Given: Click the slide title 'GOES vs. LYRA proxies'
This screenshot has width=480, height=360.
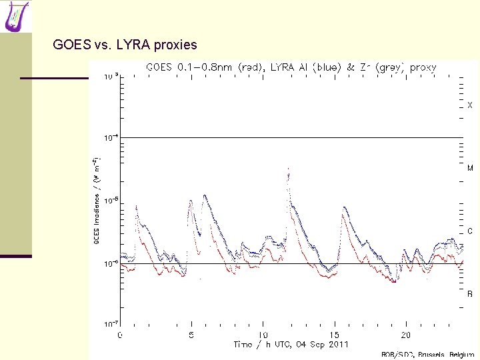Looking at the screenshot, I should tap(125, 45).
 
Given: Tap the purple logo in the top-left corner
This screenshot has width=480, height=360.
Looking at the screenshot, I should tap(17, 16).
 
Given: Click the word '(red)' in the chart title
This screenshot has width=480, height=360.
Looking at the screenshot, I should tap(250, 67).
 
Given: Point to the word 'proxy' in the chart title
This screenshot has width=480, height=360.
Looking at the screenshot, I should tap(423, 67).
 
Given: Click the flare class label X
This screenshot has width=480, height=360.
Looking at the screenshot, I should tap(469, 105).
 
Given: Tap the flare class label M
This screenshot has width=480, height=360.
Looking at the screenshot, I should tap(469, 168).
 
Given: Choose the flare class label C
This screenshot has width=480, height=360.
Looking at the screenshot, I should tap(469, 231).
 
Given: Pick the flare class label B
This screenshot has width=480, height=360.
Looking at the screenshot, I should tap(469, 293).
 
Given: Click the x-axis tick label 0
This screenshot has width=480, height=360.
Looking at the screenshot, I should tap(120, 335).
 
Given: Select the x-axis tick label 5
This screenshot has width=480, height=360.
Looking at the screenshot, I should tap(191, 335).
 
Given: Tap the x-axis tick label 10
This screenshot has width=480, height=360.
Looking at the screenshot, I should tap(263, 335).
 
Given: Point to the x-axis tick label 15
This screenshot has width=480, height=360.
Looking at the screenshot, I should tap(334, 335).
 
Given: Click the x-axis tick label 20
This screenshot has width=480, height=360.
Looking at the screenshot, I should tap(405, 335).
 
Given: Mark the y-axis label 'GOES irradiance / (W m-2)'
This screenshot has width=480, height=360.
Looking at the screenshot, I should tap(97, 200).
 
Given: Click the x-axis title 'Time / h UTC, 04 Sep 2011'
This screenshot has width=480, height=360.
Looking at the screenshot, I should tap(291, 344).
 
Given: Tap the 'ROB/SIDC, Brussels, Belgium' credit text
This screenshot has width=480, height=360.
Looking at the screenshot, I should tap(427, 355).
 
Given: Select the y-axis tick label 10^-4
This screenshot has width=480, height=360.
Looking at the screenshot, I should tap(110, 137).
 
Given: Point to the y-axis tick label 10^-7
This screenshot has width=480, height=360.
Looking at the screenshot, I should tap(110, 325).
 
